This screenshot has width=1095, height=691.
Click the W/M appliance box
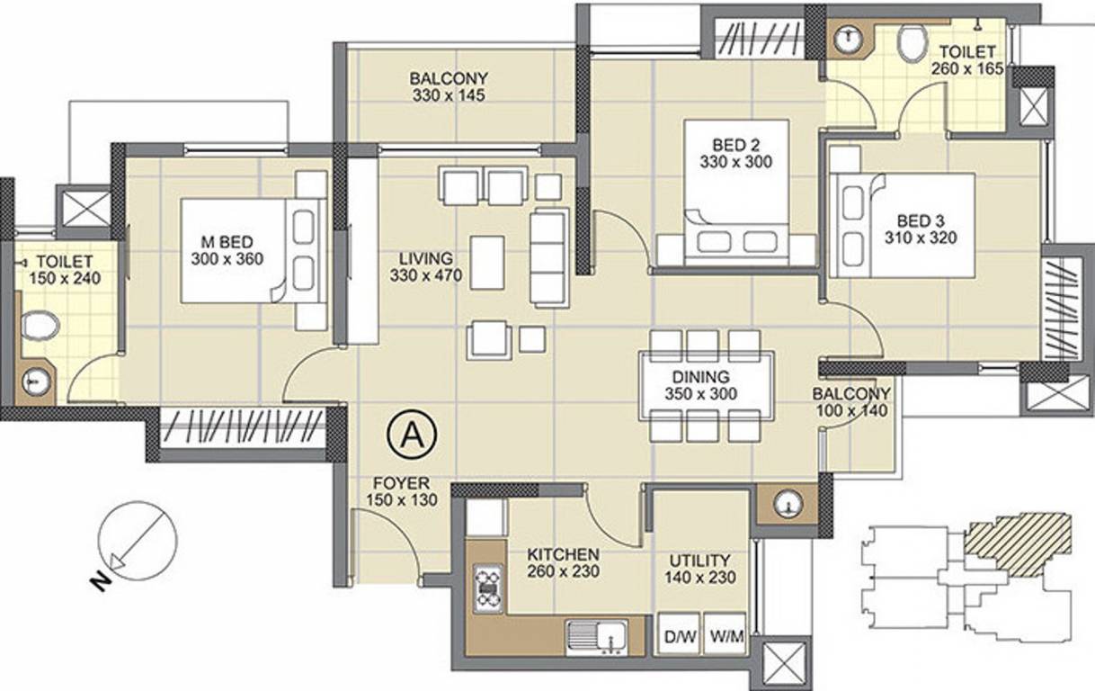(725, 637)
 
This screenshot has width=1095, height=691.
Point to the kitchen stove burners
(488, 588)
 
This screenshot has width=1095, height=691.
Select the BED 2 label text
(728, 153)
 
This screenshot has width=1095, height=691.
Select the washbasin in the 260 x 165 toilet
(847, 40)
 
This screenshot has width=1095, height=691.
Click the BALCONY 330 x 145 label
(448, 86)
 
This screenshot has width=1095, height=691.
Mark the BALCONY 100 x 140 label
(850, 402)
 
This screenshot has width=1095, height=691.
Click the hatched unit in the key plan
(1019, 543)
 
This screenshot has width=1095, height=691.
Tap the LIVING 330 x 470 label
(426, 267)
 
